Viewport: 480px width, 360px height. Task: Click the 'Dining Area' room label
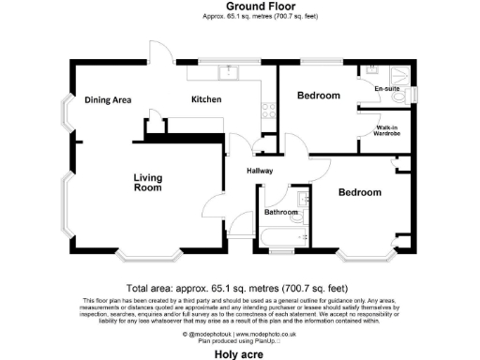click(x=107, y=100)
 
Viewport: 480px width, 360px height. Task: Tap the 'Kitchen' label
click(x=206, y=99)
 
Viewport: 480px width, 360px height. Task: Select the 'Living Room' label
click(x=148, y=183)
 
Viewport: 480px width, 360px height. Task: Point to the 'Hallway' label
click(x=260, y=171)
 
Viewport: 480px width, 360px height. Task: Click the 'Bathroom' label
click(x=280, y=213)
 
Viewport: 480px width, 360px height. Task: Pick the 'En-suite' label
click(x=386, y=90)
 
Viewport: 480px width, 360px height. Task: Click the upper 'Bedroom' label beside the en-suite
click(x=318, y=97)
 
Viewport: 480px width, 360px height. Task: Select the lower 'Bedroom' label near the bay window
click(x=360, y=193)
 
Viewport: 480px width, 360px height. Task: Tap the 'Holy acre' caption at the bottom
click(x=239, y=354)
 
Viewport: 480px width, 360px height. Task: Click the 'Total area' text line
click(x=237, y=288)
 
